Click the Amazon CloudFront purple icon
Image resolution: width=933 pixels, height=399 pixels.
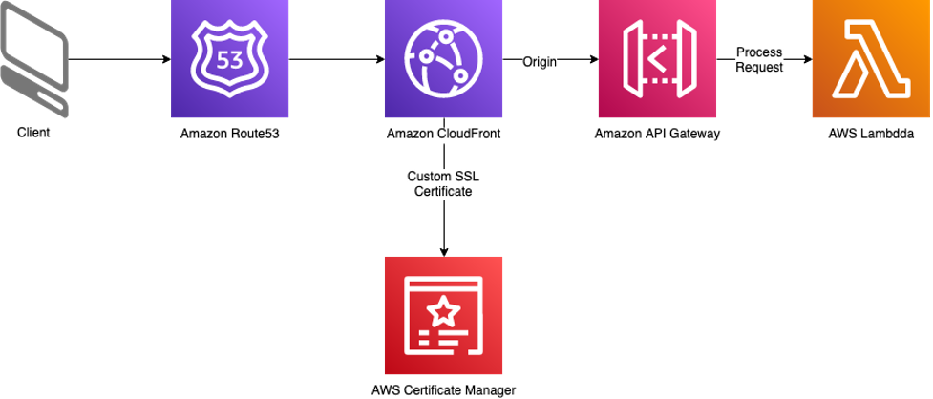pyautogui.click(x=443, y=59)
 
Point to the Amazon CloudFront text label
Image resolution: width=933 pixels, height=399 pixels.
pyautogui.click(x=444, y=135)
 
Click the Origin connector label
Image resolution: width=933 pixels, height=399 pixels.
pyautogui.click(x=540, y=62)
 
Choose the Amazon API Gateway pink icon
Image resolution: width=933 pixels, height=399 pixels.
pyautogui.click(x=657, y=59)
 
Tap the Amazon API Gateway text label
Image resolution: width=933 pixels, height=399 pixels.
pyautogui.click(x=657, y=135)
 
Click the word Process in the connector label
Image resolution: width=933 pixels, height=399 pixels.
pyautogui.click(x=759, y=53)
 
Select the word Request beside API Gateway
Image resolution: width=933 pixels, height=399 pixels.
pyautogui.click(x=759, y=68)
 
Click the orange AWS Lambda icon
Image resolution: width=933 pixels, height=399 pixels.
pyautogui.click(x=871, y=59)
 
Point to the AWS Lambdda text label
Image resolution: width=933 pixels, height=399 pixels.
pyautogui.click(x=872, y=135)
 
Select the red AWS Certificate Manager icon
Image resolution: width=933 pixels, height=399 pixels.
pyautogui.click(x=443, y=315)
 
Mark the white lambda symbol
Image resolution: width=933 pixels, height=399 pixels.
pyautogui.click(x=871, y=59)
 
